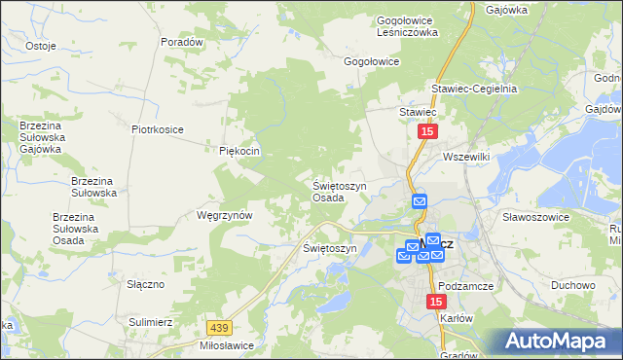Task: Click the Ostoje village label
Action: (x=40, y=46)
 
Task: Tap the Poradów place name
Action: (x=182, y=43)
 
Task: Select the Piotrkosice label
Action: (x=158, y=128)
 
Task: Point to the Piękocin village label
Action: (x=238, y=151)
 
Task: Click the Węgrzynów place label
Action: (x=225, y=214)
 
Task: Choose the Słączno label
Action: (x=145, y=283)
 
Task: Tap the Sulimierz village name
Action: (x=150, y=320)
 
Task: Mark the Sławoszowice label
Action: (x=534, y=217)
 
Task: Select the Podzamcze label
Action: (x=468, y=286)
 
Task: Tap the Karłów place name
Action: (x=456, y=318)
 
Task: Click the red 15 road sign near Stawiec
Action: (x=428, y=130)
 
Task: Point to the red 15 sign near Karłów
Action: (x=435, y=303)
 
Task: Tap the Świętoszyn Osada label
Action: (x=340, y=191)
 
